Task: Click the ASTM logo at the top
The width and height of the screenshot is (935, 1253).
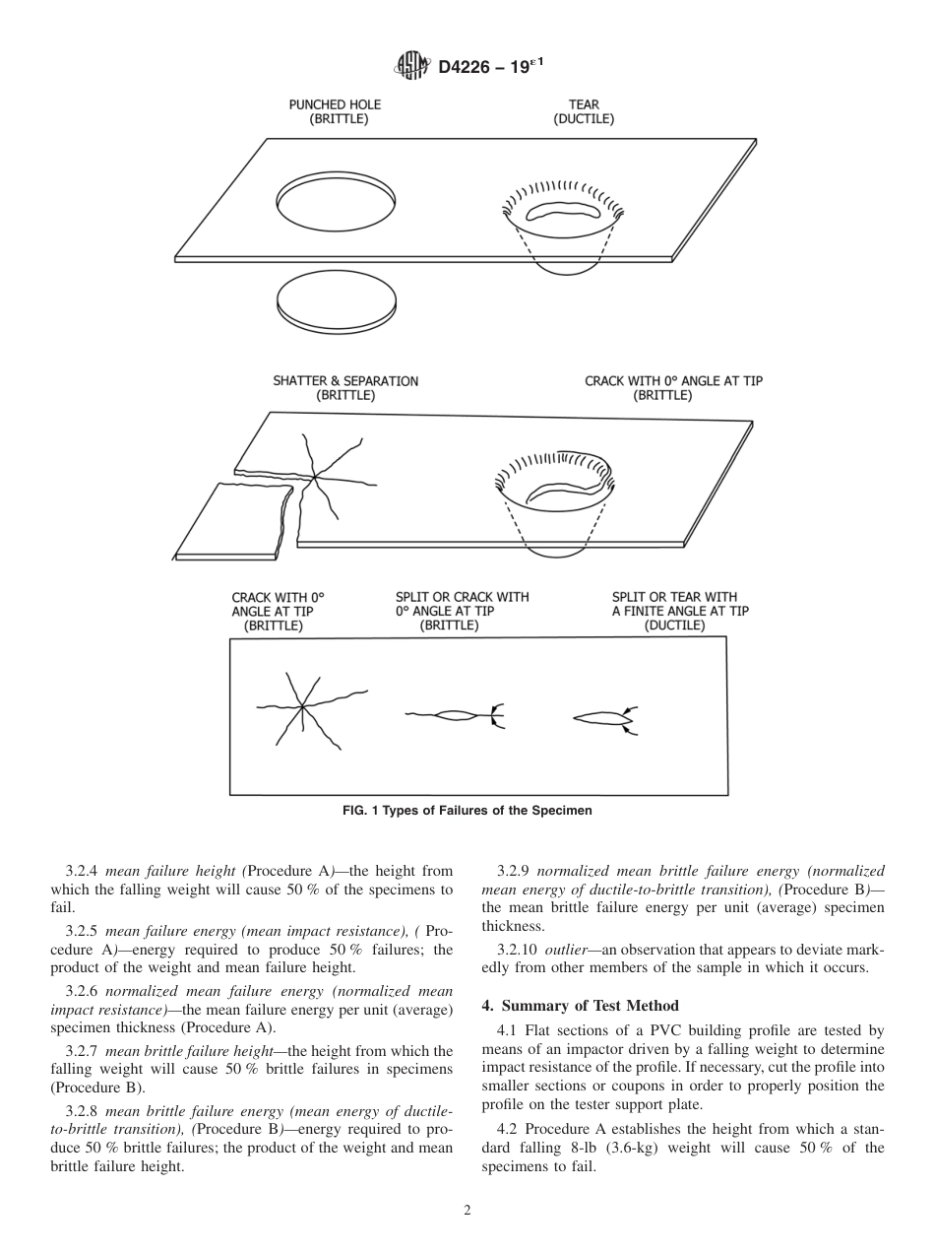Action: click(x=411, y=66)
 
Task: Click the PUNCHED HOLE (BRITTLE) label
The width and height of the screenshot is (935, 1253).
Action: click(x=335, y=111)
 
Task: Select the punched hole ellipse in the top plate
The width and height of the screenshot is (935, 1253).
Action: click(x=335, y=199)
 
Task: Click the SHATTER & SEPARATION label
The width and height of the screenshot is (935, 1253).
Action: click(x=344, y=388)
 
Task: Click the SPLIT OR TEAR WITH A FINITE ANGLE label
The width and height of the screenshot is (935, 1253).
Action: click(x=679, y=611)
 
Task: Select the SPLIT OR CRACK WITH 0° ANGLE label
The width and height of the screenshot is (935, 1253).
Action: click(x=462, y=611)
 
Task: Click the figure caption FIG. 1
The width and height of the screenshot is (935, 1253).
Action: click(x=467, y=811)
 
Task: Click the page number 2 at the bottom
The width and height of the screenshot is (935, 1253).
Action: click(x=467, y=1211)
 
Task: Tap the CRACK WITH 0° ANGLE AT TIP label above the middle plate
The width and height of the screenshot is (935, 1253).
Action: click(x=673, y=388)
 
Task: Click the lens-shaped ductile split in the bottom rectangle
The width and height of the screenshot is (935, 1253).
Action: click(x=600, y=719)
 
